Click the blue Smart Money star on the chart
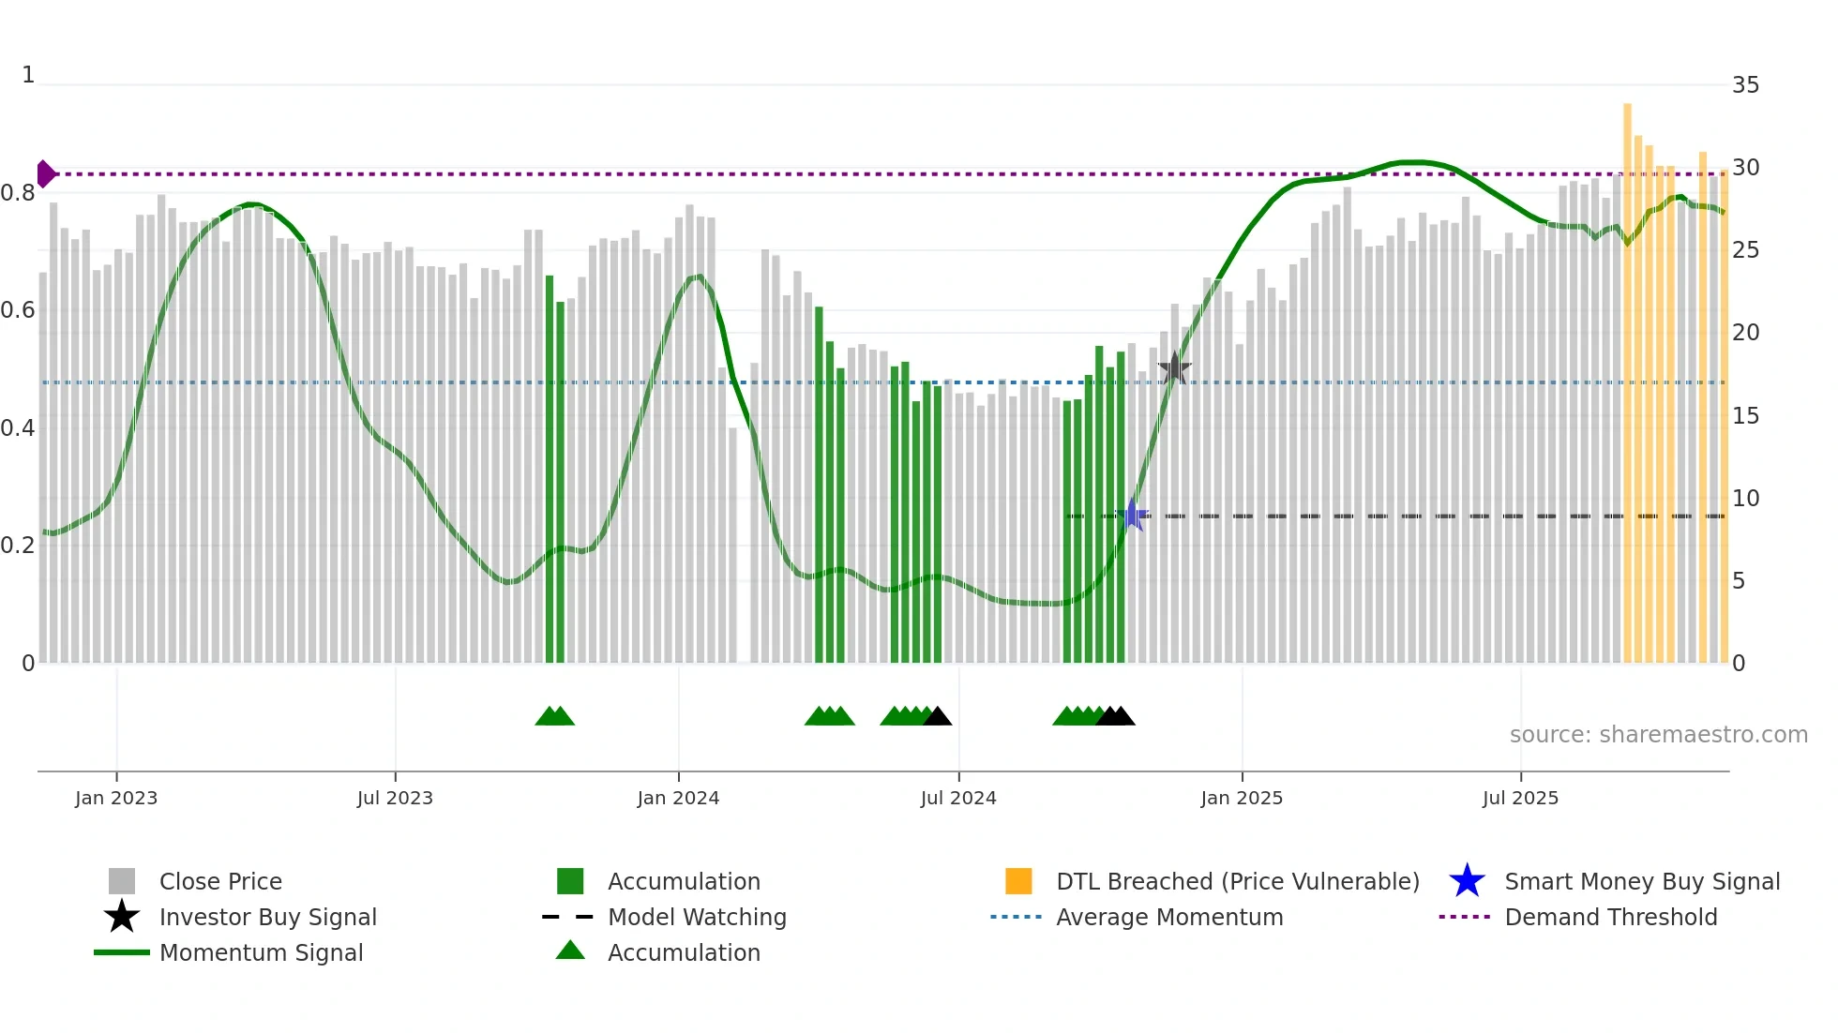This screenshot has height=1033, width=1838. (1133, 515)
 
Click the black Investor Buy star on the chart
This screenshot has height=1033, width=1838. (1174, 368)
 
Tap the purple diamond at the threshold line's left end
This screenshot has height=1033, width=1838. (45, 173)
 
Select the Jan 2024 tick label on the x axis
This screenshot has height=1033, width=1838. (678, 798)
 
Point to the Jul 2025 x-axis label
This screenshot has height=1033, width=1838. (1520, 798)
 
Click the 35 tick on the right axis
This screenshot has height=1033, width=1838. (1745, 85)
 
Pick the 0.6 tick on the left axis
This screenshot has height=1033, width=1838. (18, 310)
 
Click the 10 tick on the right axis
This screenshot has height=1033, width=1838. (1745, 499)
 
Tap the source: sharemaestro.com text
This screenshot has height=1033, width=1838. (1658, 734)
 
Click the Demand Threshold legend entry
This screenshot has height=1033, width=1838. (1610, 917)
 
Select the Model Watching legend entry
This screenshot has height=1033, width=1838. (697, 917)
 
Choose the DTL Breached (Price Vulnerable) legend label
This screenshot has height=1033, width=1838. (1237, 881)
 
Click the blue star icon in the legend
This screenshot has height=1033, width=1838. (1467, 881)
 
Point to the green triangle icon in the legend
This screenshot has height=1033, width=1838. (570, 951)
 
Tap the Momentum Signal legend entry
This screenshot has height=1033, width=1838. (261, 952)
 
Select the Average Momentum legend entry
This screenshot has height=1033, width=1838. (1168, 917)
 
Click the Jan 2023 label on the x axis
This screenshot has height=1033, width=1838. (116, 798)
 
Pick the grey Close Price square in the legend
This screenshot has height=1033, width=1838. (122, 881)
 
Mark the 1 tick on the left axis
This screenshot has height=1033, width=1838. (28, 75)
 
